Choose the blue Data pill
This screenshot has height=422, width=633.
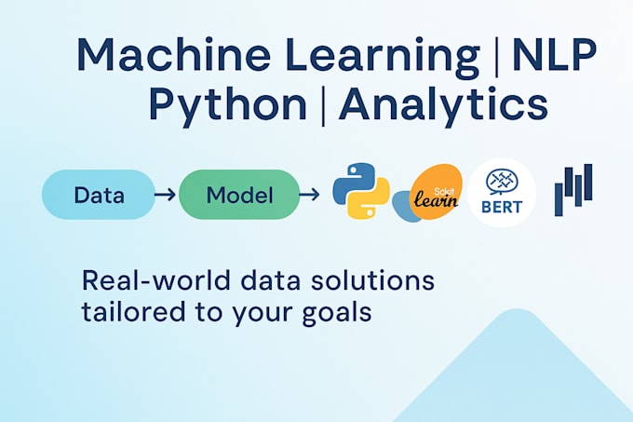pos(99,195)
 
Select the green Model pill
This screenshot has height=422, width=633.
pos(239,195)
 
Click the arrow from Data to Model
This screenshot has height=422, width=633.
pos(165,195)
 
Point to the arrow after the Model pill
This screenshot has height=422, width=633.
pos(312,195)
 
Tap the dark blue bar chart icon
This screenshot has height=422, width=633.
pos(574,191)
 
